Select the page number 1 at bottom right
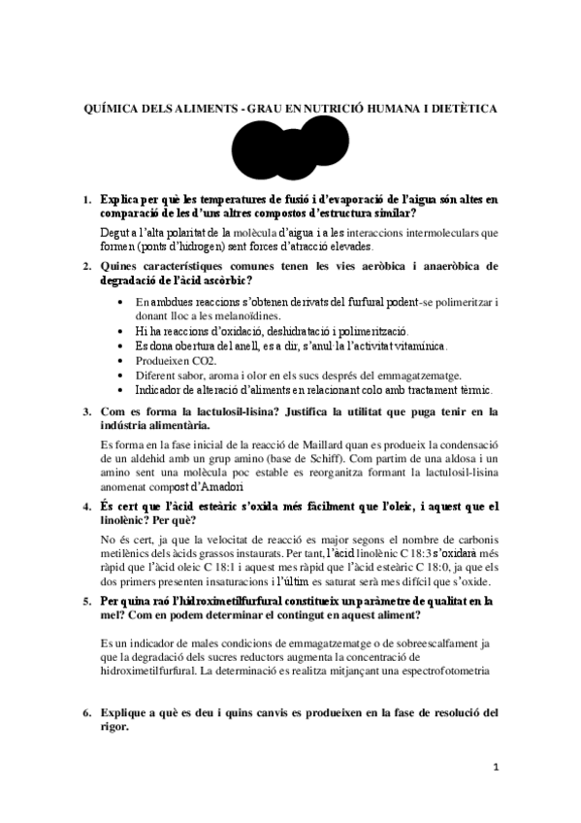[495, 767]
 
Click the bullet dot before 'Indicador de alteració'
[119, 390]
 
